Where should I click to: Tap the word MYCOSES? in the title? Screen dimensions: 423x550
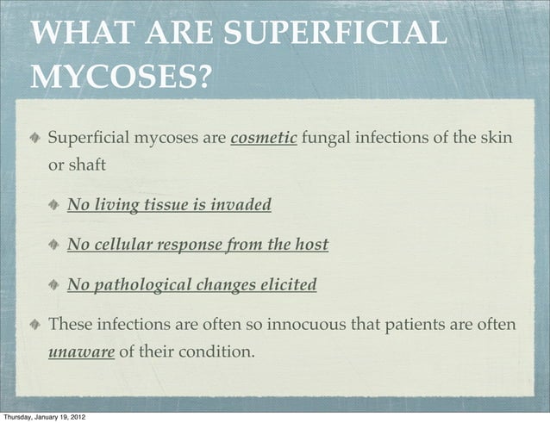tap(120, 78)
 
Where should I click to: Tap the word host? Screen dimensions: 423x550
tap(311, 245)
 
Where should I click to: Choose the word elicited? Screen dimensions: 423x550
tap(286, 284)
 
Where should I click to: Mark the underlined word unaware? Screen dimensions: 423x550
tap(81, 352)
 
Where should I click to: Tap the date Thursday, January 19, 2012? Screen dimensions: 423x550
tap(43, 416)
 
